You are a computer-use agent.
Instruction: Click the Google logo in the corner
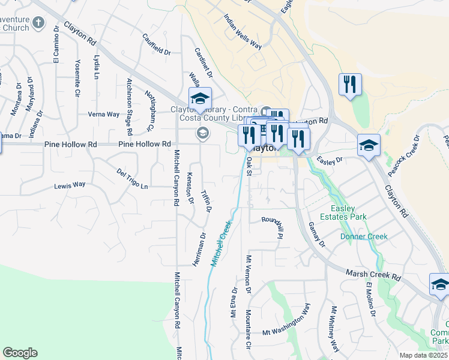(x=20, y=353)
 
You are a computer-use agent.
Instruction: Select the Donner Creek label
(x=364, y=236)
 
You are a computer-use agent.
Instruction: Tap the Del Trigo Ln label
(x=132, y=178)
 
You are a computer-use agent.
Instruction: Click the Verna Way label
(x=103, y=114)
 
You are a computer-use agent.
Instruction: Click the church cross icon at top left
(x=38, y=23)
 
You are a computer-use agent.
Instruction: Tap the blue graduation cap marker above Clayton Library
(x=200, y=98)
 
